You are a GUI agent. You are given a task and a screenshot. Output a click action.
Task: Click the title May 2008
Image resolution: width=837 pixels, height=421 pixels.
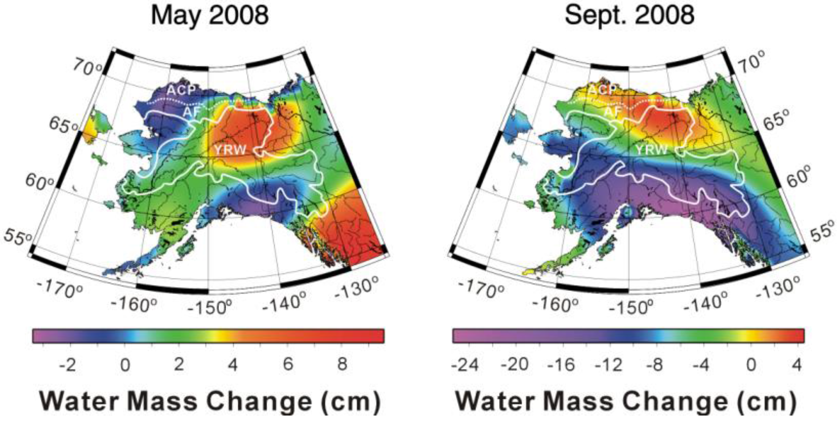pos(209,15)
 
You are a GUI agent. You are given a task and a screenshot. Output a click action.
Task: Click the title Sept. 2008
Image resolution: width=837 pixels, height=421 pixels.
pos(629,15)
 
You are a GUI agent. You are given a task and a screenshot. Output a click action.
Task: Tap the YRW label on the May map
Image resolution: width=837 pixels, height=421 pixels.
pos(230,150)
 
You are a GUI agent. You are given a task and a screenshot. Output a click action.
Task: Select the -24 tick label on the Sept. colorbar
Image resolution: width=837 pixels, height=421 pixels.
pos(465,365)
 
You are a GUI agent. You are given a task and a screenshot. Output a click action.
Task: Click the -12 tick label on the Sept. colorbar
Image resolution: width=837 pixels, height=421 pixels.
pos(609,365)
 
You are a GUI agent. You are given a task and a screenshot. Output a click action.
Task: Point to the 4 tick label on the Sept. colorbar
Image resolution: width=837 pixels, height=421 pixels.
pos(797,365)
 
